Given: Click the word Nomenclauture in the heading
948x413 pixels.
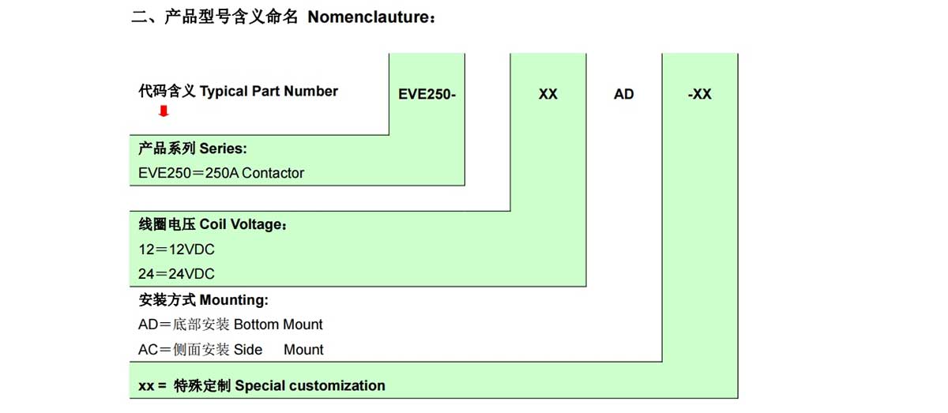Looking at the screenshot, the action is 368,17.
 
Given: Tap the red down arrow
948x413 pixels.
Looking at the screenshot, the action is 164,111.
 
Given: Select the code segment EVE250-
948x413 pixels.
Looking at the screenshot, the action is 427,94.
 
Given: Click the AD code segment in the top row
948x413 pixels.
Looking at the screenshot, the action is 623,94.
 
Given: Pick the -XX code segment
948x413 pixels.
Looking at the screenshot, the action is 700,94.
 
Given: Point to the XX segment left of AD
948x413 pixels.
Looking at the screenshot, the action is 547,94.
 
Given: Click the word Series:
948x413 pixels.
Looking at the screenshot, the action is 223,148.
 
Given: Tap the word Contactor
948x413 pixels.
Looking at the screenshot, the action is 273,173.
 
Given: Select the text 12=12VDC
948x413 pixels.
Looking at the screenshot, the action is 176,250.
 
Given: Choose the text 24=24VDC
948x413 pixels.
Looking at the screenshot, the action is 176,274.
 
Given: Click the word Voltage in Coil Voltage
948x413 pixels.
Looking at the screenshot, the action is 256,224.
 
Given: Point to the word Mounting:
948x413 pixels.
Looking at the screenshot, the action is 234,300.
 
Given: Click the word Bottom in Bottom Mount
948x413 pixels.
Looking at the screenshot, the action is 256,325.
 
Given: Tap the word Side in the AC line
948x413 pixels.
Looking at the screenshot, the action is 247,350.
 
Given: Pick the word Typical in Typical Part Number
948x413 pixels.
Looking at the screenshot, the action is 224,92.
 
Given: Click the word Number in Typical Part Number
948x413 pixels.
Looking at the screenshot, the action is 311,91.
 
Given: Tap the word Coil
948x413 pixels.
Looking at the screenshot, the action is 213,224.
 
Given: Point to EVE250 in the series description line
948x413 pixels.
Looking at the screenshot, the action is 164,173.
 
